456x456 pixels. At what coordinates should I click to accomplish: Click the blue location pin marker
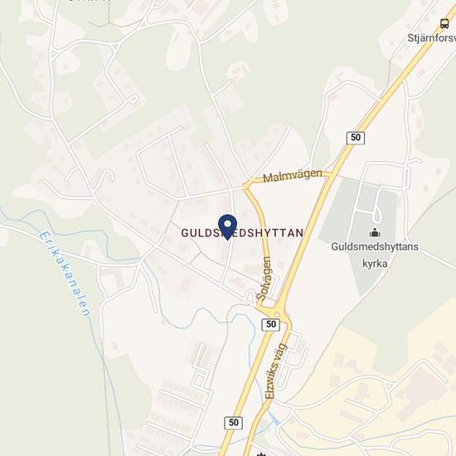(x=226, y=224)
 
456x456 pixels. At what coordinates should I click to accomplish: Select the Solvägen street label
(x=264, y=278)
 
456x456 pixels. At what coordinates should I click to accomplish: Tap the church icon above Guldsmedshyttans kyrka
(x=375, y=233)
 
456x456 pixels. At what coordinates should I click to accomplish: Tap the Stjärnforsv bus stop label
(x=427, y=37)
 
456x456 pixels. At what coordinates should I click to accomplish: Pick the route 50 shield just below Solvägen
(x=269, y=324)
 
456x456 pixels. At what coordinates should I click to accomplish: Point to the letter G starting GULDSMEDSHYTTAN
(x=185, y=235)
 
